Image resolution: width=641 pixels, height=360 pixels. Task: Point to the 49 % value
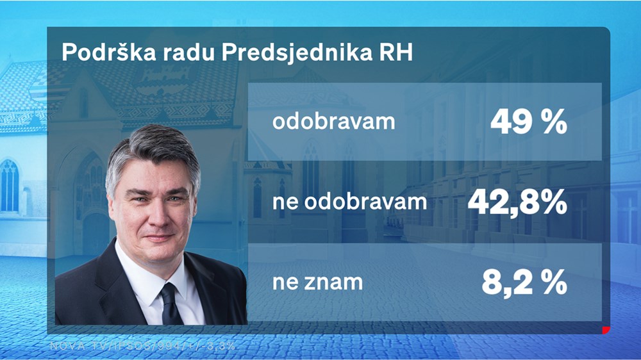click(x=529, y=122)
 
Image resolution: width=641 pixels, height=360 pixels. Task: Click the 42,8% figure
click(x=517, y=202)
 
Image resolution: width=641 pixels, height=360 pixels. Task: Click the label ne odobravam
click(x=349, y=202)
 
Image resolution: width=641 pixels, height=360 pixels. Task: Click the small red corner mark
click(x=604, y=331)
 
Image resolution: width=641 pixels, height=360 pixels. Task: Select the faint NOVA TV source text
click(x=142, y=346)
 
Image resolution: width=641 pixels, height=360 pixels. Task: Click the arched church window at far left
click(x=9, y=186)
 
